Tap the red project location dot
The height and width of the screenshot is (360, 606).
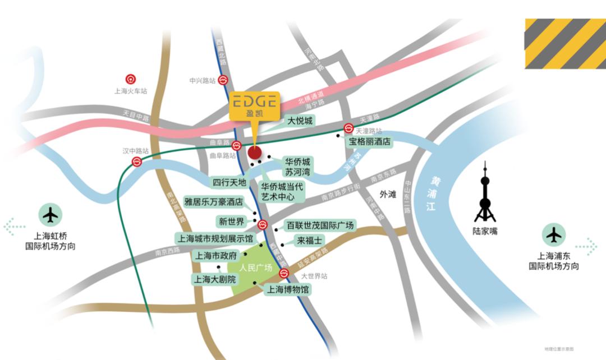point(254,153)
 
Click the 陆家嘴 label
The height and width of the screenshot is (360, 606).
point(485,230)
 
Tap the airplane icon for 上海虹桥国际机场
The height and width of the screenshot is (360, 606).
point(50,215)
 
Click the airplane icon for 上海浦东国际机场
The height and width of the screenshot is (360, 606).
point(554,234)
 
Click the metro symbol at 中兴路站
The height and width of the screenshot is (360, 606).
point(223,80)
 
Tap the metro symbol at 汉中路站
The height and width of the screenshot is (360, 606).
point(137,162)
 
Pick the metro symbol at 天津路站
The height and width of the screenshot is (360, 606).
point(348,128)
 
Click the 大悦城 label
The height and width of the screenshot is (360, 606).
point(300,121)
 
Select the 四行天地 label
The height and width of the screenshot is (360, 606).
point(229,182)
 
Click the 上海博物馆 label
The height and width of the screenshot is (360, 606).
point(288,290)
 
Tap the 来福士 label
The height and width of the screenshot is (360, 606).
point(310,241)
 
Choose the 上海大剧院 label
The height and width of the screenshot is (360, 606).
point(215,279)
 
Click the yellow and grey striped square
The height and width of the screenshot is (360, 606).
point(565,44)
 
